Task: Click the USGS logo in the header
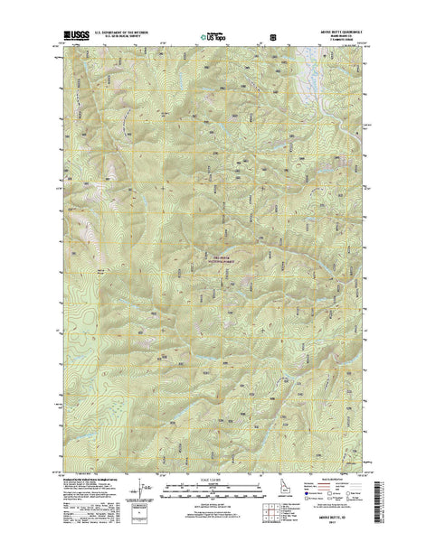pos(76,38)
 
